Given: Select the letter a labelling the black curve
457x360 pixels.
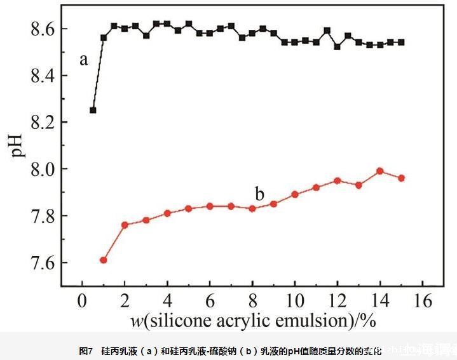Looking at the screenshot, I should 83,60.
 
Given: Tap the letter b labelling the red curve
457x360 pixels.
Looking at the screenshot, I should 259,193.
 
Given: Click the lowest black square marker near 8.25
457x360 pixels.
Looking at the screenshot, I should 93,110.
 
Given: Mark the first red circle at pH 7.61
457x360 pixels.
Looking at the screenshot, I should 104,260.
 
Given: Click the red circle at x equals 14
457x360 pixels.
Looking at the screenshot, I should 380,171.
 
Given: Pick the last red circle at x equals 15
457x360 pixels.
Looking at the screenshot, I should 401,178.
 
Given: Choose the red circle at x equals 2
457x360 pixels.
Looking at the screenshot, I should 125,225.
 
